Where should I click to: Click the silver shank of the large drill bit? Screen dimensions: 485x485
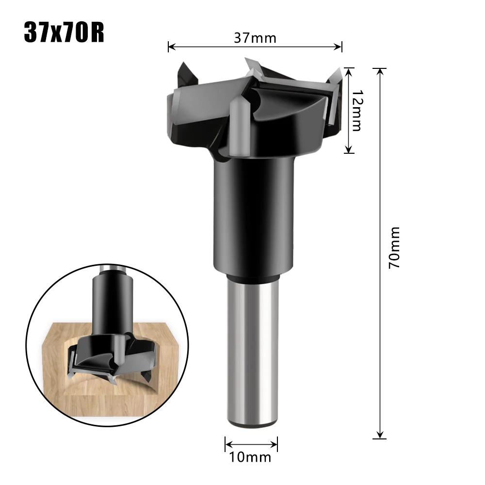[x=252, y=349]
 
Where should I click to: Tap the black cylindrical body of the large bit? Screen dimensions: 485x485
[x=253, y=213]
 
